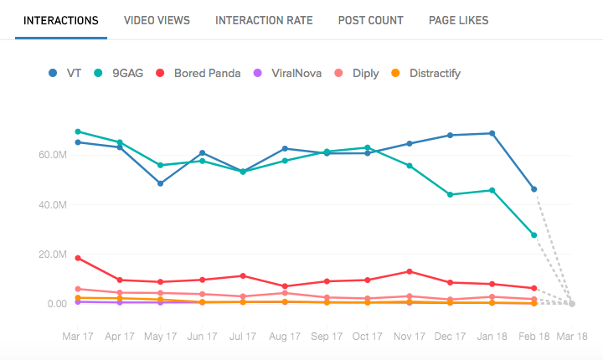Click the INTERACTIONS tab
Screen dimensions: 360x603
click(x=61, y=20)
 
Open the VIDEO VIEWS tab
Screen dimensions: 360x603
click(x=157, y=20)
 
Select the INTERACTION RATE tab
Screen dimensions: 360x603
click(x=264, y=20)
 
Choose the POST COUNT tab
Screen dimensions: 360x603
click(x=370, y=20)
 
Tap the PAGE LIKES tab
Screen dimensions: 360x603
click(x=458, y=20)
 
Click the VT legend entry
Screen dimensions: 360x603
click(x=66, y=73)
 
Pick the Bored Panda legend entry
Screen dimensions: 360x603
click(x=198, y=73)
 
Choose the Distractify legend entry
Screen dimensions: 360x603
click(x=427, y=73)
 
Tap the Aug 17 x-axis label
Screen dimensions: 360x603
click(x=285, y=336)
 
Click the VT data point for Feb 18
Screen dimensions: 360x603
click(x=533, y=189)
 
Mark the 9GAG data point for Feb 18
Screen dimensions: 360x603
click(x=533, y=235)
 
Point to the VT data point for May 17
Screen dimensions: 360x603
click(x=160, y=183)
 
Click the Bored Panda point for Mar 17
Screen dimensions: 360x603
click(x=78, y=258)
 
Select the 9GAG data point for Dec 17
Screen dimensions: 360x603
click(x=451, y=194)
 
